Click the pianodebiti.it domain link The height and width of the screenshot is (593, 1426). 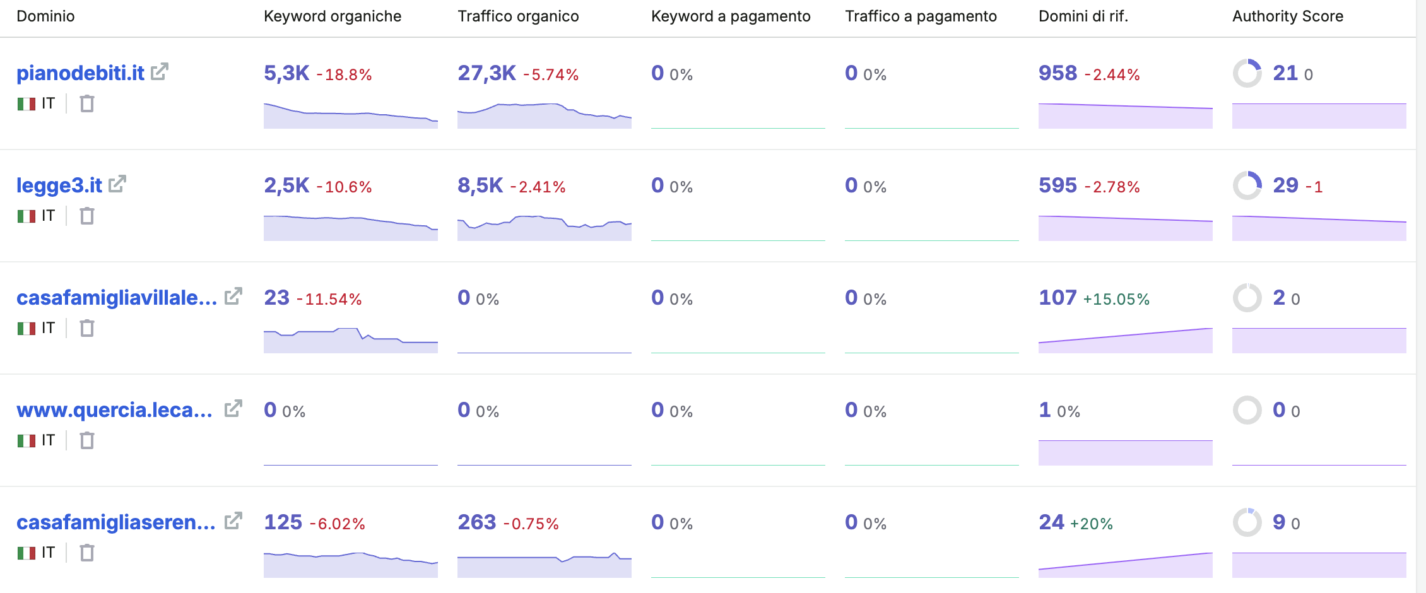pyautogui.click(x=80, y=73)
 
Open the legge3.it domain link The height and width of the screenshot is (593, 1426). pyautogui.click(x=59, y=185)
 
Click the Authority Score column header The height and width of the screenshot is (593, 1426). pyautogui.click(x=1287, y=16)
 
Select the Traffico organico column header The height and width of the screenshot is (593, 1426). pyautogui.click(x=518, y=16)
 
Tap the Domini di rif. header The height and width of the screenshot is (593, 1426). pyautogui.click(x=1083, y=16)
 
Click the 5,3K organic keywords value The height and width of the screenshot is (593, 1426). pyautogui.click(x=286, y=73)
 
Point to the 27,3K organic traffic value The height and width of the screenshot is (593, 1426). pyautogui.click(x=486, y=73)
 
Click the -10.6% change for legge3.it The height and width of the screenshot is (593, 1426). pyautogui.click(x=344, y=187)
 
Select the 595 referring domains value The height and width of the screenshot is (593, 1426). pyautogui.click(x=1058, y=185)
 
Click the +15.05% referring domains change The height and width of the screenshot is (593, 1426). pyautogui.click(x=1116, y=299)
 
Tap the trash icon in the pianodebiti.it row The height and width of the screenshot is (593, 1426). pyautogui.click(x=87, y=103)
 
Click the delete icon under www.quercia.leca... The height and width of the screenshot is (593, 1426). pyautogui.click(x=87, y=440)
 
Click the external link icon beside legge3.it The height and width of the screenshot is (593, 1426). pyautogui.click(x=117, y=184)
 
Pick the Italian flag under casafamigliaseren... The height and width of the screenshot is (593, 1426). pyautogui.click(x=27, y=553)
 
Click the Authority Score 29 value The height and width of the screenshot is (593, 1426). pyautogui.click(x=1285, y=185)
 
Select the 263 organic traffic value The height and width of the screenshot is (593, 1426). pyautogui.click(x=477, y=522)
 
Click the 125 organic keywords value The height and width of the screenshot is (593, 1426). pyautogui.click(x=283, y=522)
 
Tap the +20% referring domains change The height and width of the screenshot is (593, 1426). pyautogui.click(x=1092, y=524)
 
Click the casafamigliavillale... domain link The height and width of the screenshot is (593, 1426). pyautogui.click(x=117, y=298)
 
